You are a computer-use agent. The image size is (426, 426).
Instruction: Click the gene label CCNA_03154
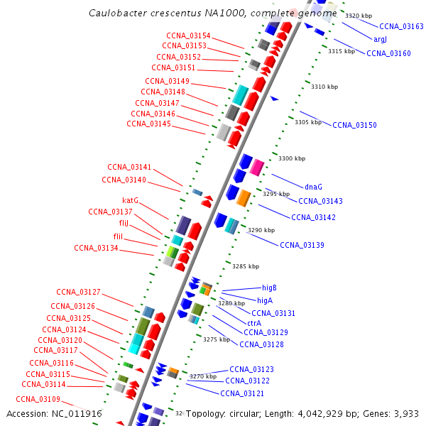pyautogui.click(x=188, y=35)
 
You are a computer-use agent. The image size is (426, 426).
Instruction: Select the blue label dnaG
pyautogui.click(x=314, y=187)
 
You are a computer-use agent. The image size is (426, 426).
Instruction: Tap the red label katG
pyautogui.click(x=130, y=200)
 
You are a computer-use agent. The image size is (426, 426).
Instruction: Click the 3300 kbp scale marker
pyautogui.click(x=292, y=158)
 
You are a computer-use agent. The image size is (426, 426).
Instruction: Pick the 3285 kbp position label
pyautogui.click(x=246, y=266)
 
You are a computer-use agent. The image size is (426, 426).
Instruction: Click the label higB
pyautogui.click(x=269, y=288)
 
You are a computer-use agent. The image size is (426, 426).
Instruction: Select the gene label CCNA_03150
pyautogui.click(x=354, y=125)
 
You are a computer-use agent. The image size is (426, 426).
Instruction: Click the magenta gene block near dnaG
pyautogui.click(x=256, y=168)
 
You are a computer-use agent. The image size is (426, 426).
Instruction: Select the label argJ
pyautogui.click(x=380, y=39)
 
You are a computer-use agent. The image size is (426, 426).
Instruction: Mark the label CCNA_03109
pyautogui.click(x=38, y=399)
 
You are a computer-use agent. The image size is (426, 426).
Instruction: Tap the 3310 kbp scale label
pyautogui.click(x=324, y=87)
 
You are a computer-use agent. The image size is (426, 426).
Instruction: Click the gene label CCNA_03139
pyautogui.click(x=302, y=245)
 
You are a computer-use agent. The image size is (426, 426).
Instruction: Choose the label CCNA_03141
pyautogui.click(x=129, y=167)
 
